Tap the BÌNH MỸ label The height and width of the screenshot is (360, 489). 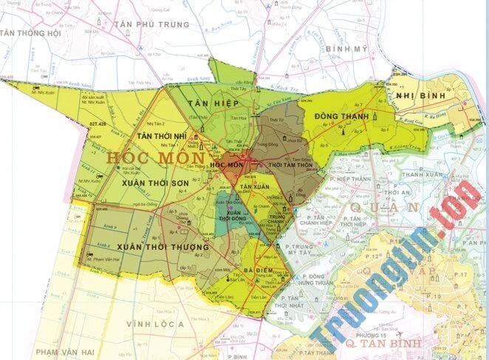coord(346,47)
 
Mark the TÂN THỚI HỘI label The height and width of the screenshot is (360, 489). coord(30,33)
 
